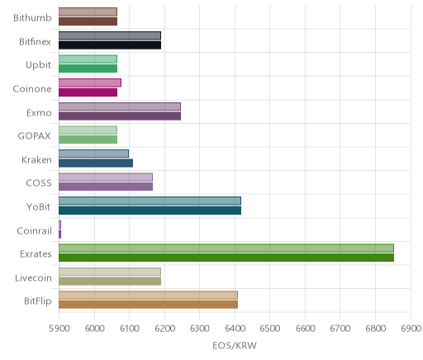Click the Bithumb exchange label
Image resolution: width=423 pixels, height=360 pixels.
point(32,18)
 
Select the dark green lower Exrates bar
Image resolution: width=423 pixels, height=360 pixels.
point(226,258)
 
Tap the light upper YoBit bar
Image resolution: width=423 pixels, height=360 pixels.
point(150,201)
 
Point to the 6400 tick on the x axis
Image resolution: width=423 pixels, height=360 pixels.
point(235,329)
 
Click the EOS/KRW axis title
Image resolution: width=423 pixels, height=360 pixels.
point(235,345)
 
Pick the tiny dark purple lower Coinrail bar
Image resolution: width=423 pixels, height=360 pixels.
point(59,234)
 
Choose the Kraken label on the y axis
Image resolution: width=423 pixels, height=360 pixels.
point(36,160)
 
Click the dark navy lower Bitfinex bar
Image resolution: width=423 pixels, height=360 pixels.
point(110,45)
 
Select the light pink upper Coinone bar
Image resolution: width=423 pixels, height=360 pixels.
point(90,83)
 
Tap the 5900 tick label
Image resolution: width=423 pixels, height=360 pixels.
point(59,329)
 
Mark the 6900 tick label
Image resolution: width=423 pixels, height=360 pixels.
point(411,329)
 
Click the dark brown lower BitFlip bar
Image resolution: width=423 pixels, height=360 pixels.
point(148,305)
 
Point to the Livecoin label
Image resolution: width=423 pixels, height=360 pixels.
point(33,278)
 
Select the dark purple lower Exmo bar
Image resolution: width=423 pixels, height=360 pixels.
point(120,116)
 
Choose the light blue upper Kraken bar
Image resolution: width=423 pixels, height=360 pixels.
point(93,154)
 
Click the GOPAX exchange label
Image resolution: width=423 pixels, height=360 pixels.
point(35,136)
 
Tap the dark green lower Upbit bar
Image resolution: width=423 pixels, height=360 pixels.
point(88,69)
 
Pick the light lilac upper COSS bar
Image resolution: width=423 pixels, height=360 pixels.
point(106,178)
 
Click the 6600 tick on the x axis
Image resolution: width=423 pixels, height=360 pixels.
point(305,329)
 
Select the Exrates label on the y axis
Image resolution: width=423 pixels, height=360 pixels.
point(36,253)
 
